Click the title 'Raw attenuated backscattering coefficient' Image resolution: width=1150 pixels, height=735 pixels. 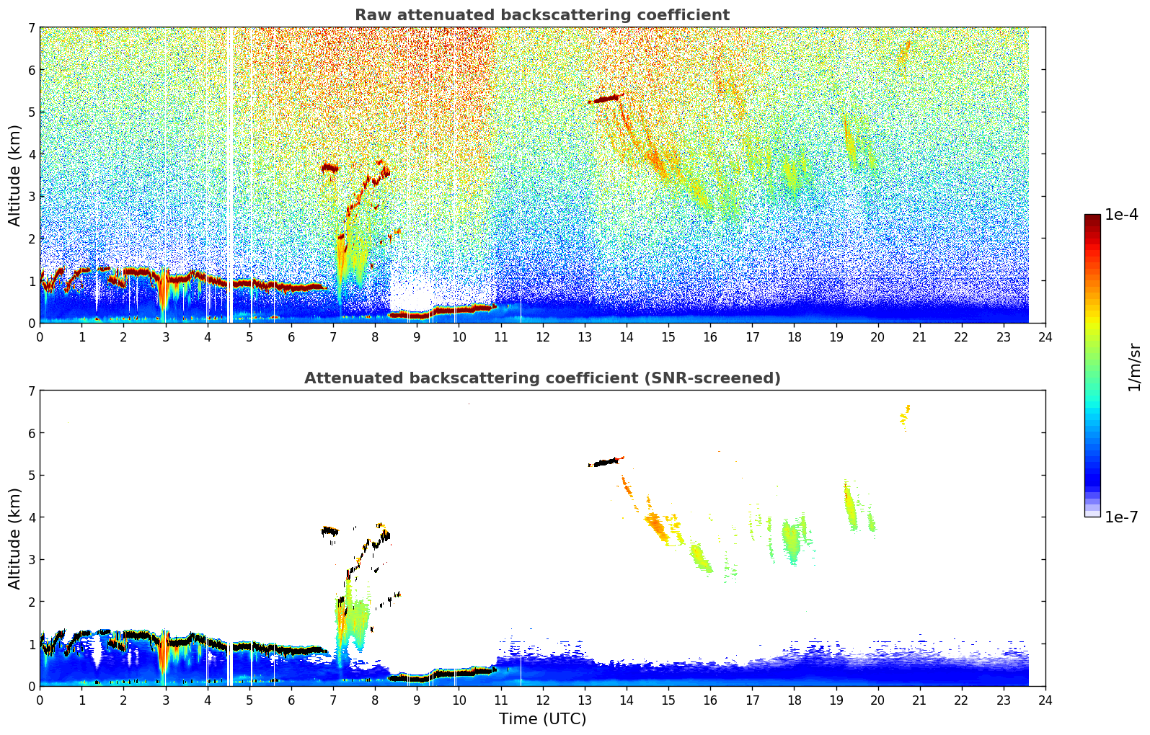point(541,15)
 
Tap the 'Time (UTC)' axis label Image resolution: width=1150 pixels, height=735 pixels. point(542,719)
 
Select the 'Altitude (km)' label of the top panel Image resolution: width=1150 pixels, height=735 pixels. point(14,175)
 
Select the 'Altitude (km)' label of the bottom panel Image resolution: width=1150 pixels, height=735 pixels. point(14,538)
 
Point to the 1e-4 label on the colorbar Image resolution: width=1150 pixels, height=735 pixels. point(1121,215)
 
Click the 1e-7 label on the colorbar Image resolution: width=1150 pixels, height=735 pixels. point(1121,517)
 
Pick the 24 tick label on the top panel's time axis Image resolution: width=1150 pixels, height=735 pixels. point(1045,337)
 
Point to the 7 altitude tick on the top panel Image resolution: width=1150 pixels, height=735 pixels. point(31,28)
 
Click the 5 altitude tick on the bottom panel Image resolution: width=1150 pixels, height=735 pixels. point(31,476)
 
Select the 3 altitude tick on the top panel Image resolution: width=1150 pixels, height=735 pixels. point(31,197)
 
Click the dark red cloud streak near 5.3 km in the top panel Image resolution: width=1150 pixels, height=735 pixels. point(604,99)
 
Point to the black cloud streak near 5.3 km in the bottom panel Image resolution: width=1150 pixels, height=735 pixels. point(604,462)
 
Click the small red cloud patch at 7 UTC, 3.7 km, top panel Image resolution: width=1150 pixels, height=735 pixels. point(329,168)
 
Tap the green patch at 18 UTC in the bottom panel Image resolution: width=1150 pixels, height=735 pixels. point(792,540)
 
